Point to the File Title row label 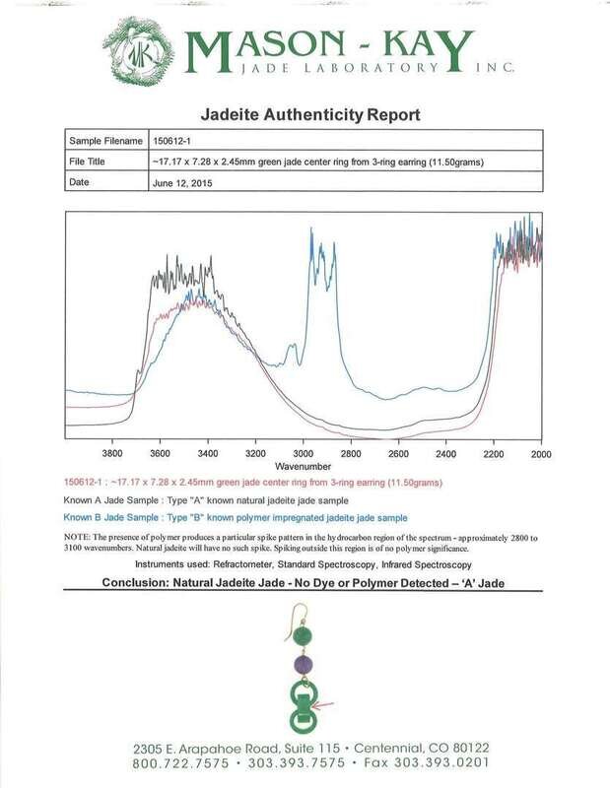93,162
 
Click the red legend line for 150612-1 252,483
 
